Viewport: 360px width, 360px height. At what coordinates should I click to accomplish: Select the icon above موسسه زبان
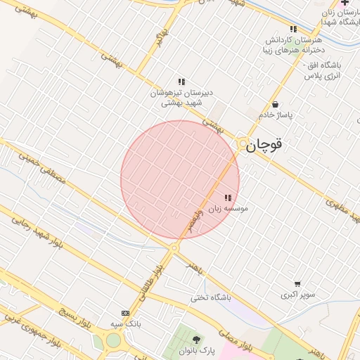[227, 198]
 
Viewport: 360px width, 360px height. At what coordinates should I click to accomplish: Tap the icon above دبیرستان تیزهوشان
[181, 82]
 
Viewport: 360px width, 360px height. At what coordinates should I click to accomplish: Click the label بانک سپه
[126, 324]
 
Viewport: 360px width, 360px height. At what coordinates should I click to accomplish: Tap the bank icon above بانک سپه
[125, 313]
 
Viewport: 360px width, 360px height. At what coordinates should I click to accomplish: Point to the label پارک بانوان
[206, 350]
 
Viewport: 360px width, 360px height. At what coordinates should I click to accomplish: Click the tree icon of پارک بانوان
[206, 339]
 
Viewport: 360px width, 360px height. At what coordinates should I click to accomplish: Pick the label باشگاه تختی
[211, 297]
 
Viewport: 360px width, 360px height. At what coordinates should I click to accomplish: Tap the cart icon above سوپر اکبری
[297, 284]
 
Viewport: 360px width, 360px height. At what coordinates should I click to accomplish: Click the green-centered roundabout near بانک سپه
[113, 341]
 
